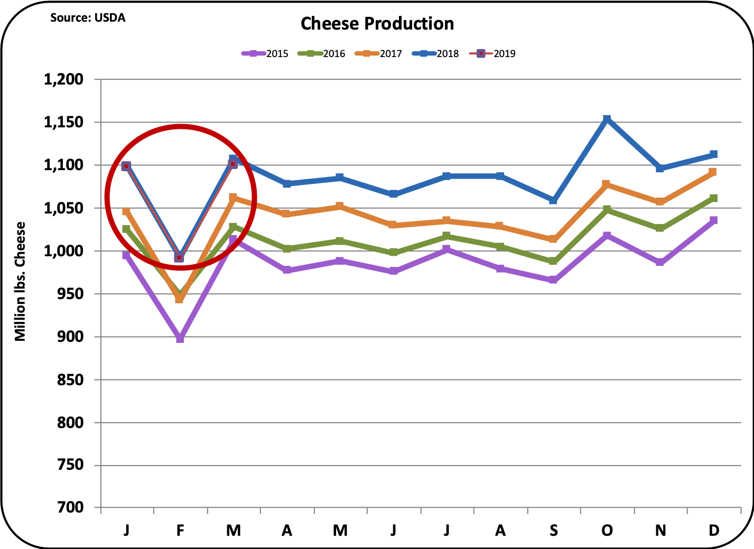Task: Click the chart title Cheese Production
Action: [377, 24]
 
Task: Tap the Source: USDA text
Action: [88, 17]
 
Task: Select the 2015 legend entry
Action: [266, 53]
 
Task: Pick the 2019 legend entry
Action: [494, 53]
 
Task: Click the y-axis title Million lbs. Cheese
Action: [20, 281]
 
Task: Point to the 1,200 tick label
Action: [63, 79]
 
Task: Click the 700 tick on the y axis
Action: [71, 508]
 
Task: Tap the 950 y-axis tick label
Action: [71, 294]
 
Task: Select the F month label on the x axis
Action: [180, 530]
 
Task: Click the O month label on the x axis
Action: [607, 530]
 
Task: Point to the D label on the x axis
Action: [714, 530]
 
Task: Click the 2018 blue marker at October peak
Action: [607, 119]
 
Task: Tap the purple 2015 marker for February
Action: [180, 339]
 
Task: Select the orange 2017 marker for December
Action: [713, 172]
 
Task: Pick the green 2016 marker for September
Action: [553, 261]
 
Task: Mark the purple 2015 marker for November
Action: [660, 262]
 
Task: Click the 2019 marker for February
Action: [179, 257]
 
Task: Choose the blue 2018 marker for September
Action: [553, 200]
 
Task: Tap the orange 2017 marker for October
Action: [607, 184]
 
